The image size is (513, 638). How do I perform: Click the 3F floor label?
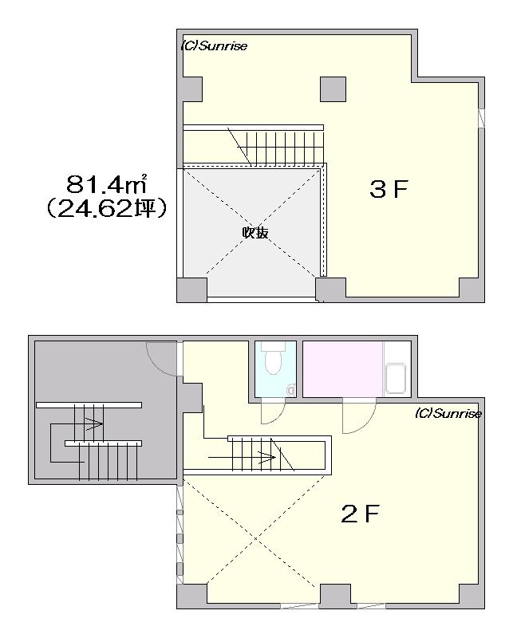(389, 189)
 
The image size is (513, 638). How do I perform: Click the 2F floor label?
(361, 514)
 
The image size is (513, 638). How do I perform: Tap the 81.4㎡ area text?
(107, 184)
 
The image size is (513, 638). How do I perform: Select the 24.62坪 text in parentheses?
(106, 208)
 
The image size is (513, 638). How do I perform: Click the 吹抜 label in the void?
(255, 233)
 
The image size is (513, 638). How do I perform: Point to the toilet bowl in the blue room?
(273, 360)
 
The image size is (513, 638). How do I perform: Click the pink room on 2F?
(342, 368)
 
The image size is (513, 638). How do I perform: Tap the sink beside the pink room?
(396, 379)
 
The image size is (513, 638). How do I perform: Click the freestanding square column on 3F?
(333, 89)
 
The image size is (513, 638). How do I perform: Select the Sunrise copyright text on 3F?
(214, 46)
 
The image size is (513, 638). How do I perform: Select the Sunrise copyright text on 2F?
(448, 414)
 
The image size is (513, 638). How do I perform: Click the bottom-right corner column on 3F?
(472, 289)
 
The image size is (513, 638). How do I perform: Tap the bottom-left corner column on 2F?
(191, 597)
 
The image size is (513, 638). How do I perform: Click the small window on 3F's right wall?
(481, 118)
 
